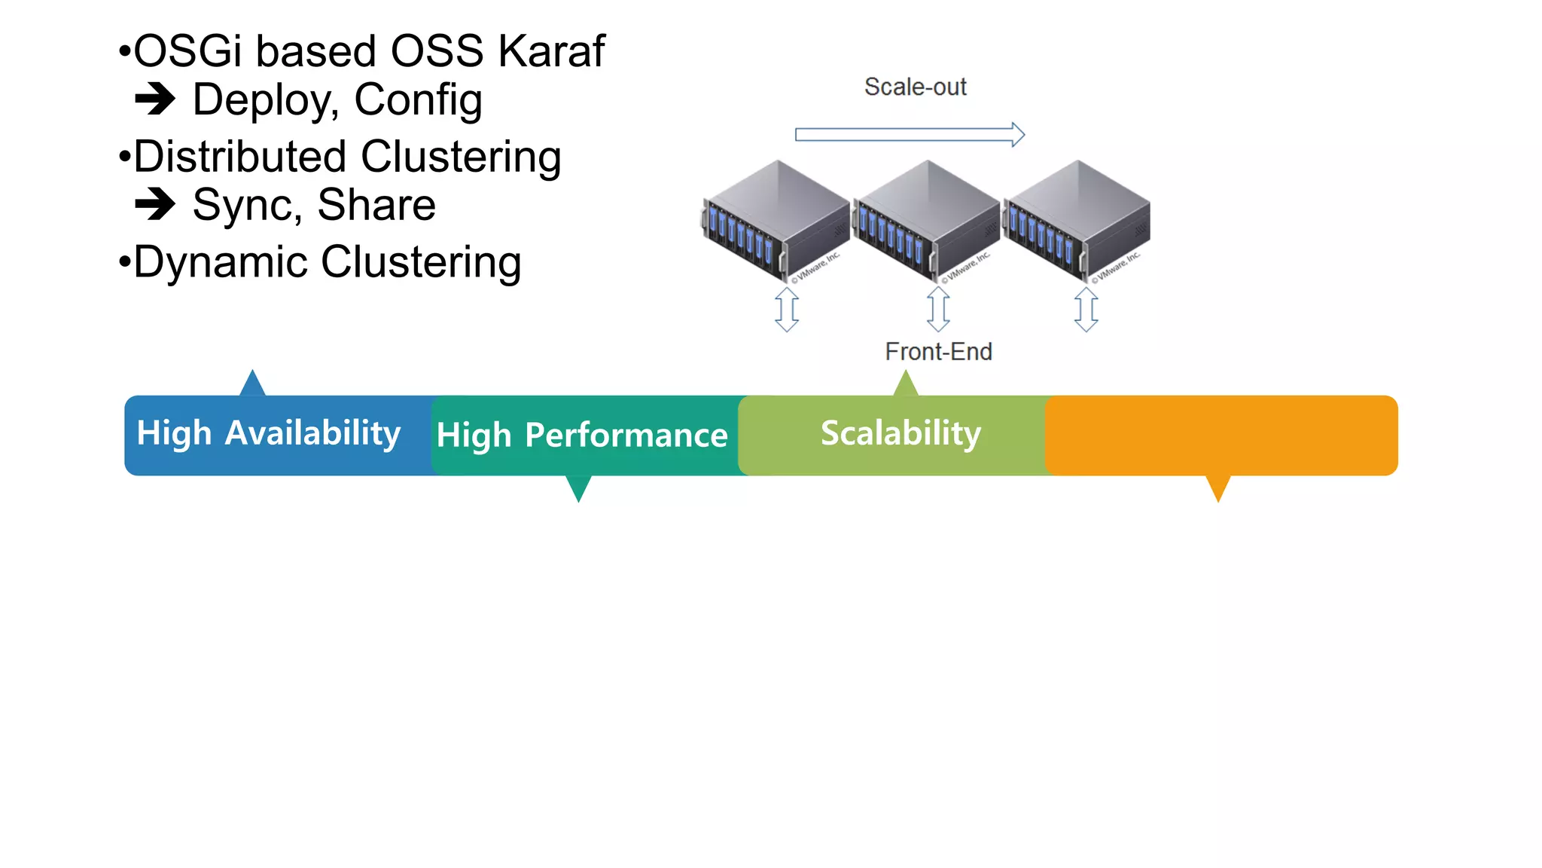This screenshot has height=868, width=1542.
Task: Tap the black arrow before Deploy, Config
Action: [x=155, y=99]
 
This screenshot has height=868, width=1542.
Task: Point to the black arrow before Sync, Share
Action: [x=155, y=203]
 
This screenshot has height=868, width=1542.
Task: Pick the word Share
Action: [x=376, y=205]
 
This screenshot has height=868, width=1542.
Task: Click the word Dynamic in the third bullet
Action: [x=221, y=262]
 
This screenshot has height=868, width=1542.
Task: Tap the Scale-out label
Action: [x=915, y=87]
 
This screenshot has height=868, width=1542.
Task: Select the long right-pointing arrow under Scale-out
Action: [x=910, y=135]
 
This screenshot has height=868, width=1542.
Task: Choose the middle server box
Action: [x=926, y=219]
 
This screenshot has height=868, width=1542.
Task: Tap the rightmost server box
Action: [x=1077, y=219]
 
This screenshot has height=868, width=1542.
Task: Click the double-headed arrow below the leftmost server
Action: [x=787, y=309]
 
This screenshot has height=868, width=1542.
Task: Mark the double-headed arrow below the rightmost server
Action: [x=1086, y=309]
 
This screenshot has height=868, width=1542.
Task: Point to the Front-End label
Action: [x=938, y=352]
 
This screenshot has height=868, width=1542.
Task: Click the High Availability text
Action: [x=268, y=434]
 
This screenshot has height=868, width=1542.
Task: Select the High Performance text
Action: [x=582, y=436]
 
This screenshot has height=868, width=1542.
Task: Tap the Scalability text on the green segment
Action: [x=901, y=433]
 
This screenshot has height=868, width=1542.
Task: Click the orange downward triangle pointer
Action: [x=1217, y=487]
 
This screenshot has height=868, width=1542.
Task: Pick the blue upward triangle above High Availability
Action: [x=253, y=384]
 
